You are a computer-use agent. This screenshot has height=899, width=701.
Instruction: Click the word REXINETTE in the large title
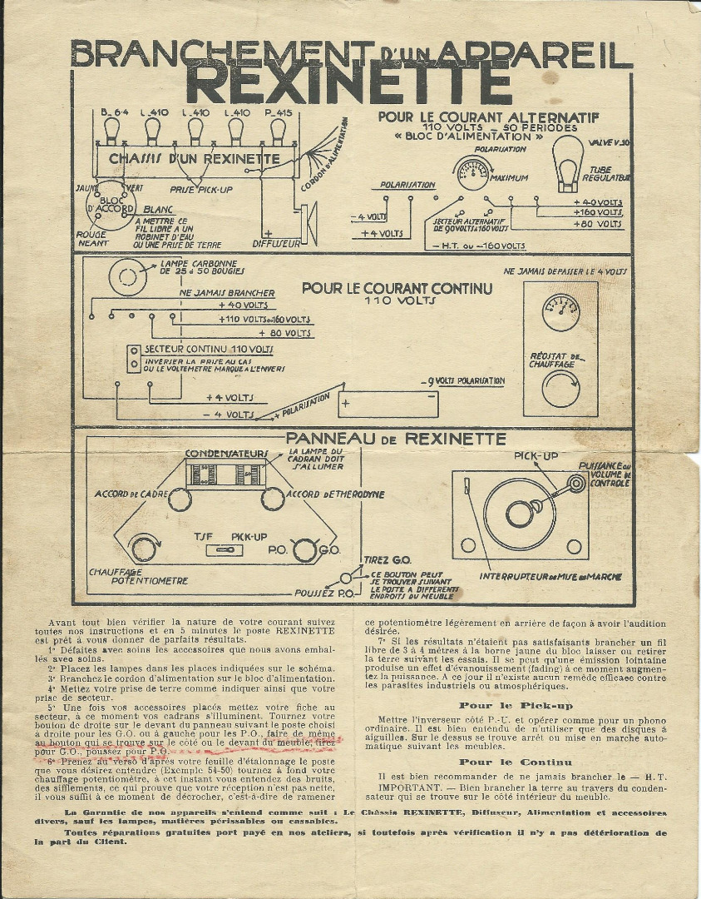tap(349, 85)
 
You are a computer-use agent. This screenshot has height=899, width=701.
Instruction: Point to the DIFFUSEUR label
tap(275, 244)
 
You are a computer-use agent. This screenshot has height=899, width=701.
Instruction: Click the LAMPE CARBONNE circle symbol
tap(127, 277)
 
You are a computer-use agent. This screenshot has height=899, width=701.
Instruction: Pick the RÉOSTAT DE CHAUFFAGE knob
tap(560, 388)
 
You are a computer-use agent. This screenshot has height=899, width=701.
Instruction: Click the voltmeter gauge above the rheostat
tap(560, 313)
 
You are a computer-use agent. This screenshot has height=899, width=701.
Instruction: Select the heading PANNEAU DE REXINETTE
tap(396, 438)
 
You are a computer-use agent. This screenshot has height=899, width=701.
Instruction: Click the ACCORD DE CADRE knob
tap(180, 499)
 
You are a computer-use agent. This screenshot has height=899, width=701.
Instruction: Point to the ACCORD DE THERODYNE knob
tap(272, 499)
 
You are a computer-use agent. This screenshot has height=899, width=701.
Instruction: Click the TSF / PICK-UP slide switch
tap(222, 550)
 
